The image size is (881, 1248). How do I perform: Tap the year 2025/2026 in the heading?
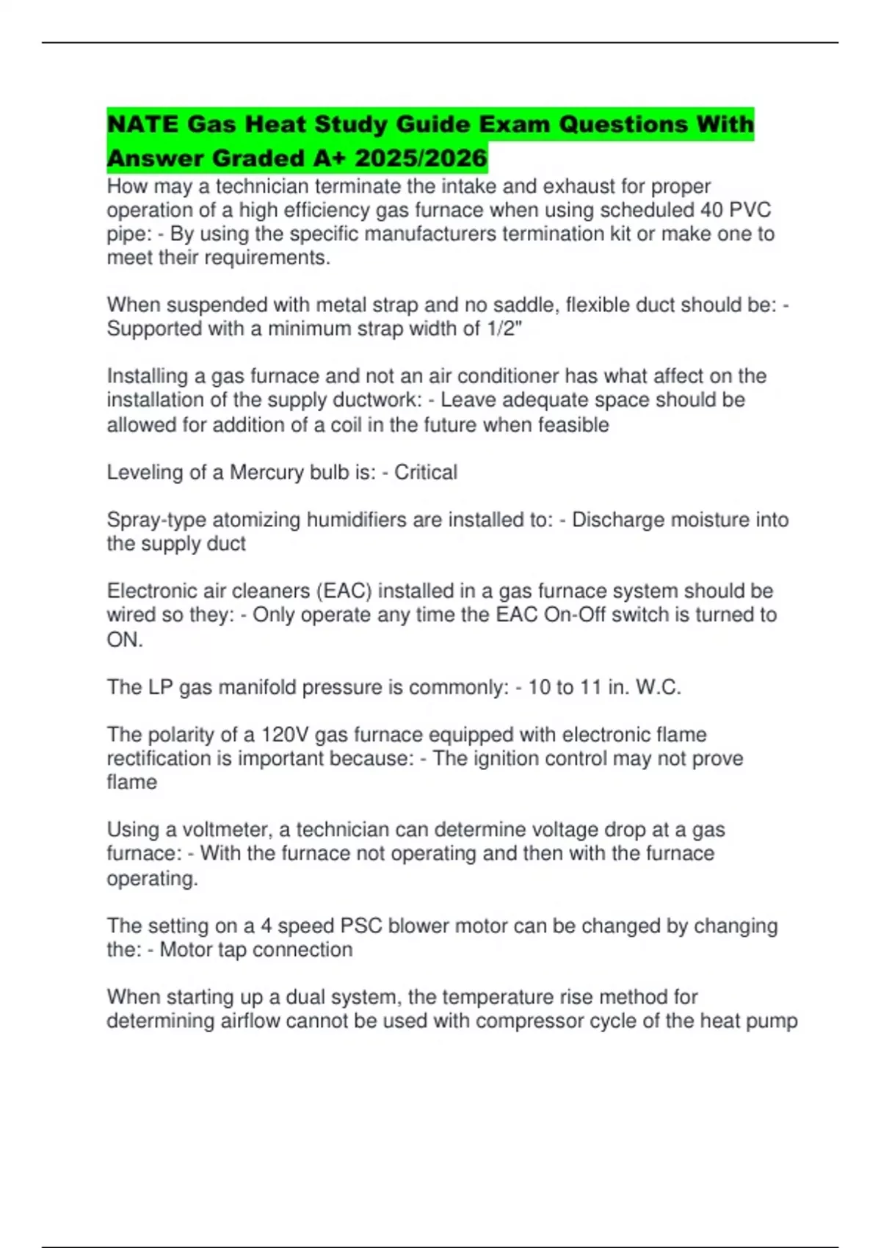coord(421,158)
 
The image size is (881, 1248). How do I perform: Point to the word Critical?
coord(426,472)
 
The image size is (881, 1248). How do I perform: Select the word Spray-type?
coord(156,520)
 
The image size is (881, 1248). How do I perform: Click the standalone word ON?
coord(125,639)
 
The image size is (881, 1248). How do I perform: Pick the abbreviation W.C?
coord(659,687)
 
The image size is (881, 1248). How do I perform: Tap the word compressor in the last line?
coord(527,1021)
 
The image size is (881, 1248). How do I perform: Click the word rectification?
coord(159,758)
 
